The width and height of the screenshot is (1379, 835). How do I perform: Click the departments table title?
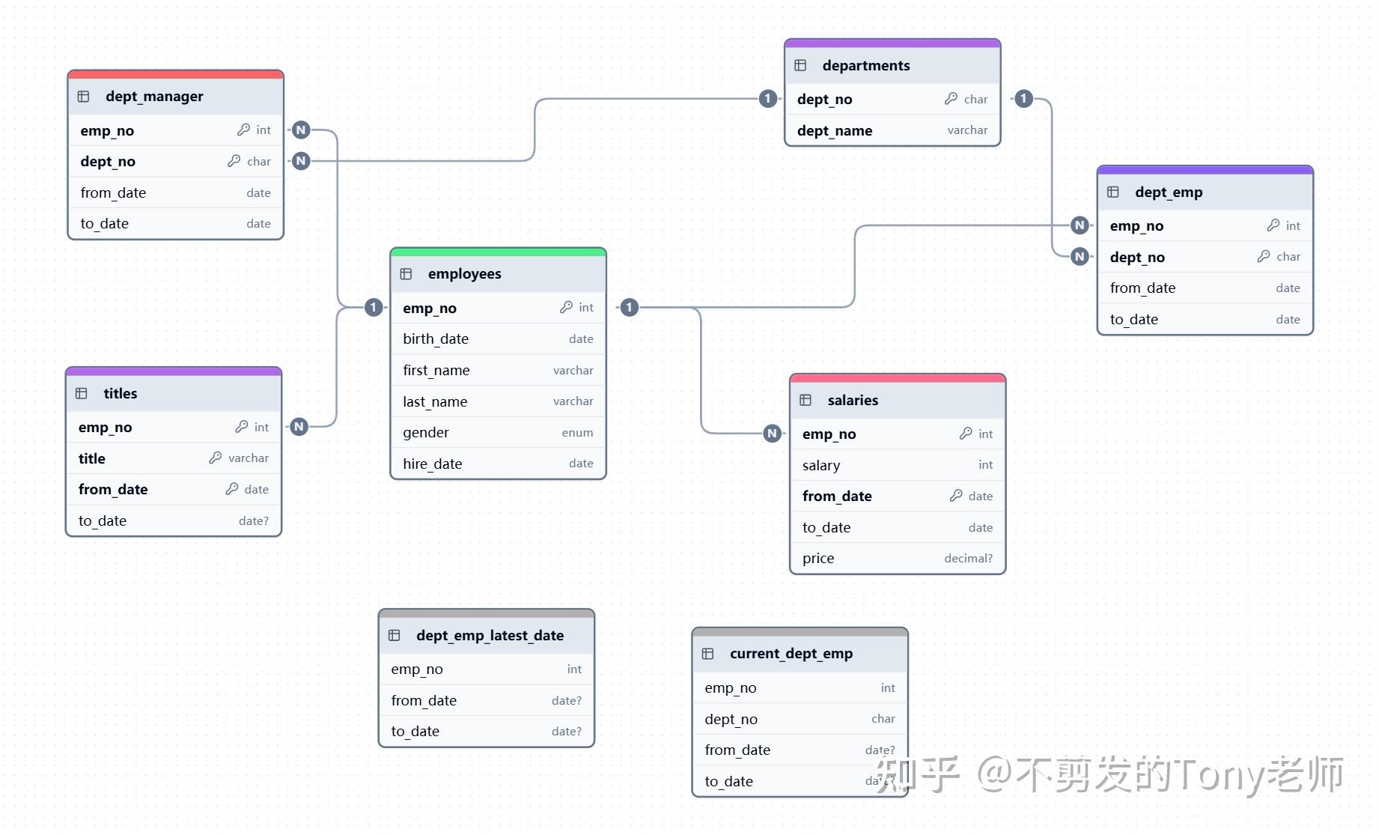pos(865,66)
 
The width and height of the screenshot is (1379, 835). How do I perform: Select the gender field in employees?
pos(425,433)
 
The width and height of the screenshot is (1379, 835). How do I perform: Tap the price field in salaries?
pos(818,559)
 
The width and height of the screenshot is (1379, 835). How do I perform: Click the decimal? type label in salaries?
pos(967,559)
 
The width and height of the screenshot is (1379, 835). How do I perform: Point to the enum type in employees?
pos(576,433)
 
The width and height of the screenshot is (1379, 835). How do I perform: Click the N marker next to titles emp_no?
pos(299,427)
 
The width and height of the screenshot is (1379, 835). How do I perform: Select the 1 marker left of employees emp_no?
pos(374,307)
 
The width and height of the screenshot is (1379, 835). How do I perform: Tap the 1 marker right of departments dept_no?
pos(1023,99)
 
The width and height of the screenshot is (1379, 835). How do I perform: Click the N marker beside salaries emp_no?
pos(772,434)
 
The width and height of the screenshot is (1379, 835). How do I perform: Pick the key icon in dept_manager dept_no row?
pos(234,161)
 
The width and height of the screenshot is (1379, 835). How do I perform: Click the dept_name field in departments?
pos(834,131)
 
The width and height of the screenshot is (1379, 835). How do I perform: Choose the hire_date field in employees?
pos(432,464)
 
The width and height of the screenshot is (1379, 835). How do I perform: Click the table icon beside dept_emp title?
pos(1113,192)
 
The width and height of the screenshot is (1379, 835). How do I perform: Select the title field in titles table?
pos(92,459)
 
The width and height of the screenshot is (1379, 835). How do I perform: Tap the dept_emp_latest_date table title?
pos(490,636)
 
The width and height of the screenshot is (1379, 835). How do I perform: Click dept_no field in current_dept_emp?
pos(731,720)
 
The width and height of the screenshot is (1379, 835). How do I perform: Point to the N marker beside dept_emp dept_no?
pos(1079,257)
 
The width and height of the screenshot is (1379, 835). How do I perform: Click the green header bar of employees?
pos(498,252)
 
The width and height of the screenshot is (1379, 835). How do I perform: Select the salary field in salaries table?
pos(821,466)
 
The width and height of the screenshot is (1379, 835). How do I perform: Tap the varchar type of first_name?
pos(573,371)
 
